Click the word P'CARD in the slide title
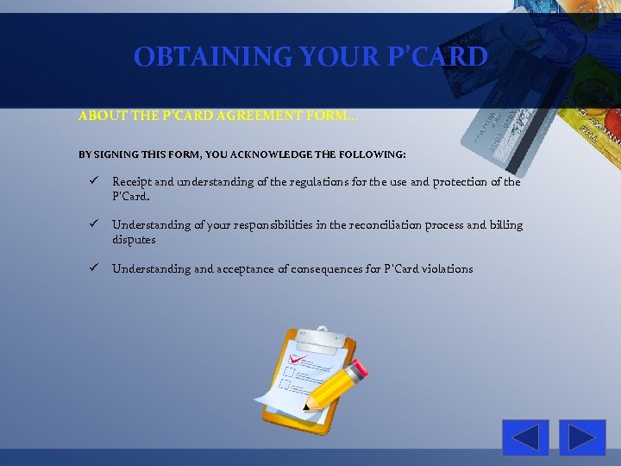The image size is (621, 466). point(440,57)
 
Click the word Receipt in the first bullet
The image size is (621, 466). point(132,182)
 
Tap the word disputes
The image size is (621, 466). point(134,239)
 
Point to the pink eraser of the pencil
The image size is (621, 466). point(360,367)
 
